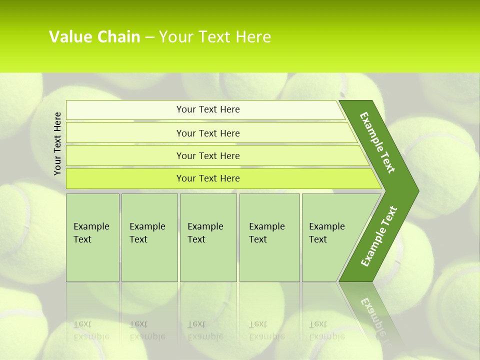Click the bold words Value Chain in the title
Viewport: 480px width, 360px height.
pyautogui.click(x=94, y=36)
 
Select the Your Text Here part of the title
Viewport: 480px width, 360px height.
pyautogui.click(x=215, y=36)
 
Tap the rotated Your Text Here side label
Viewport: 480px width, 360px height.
pyautogui.click(x=58, y=143)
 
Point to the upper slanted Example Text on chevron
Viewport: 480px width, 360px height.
pyautogui.click(x=377, y=142)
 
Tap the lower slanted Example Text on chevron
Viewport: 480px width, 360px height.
pyautogui.click(x=379, y=236)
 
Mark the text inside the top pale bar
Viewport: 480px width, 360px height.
pyautogui.click(x=208, y=109)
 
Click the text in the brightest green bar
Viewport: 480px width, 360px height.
pyautogui.click(x=208, y=178)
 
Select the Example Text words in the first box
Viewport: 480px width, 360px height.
pyautogui.click(x=91, y=232)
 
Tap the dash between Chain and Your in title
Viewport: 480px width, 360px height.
pyautogui.click(x=149, y=37)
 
